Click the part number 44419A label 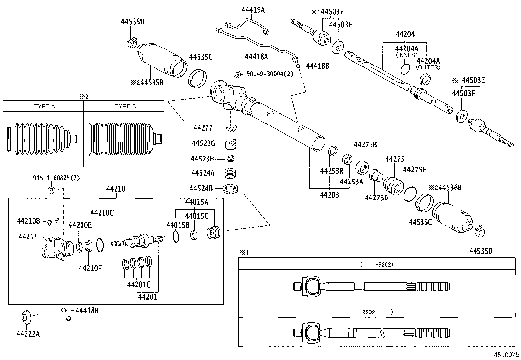(x=253, y=10)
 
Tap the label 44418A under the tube (x=256, y=57)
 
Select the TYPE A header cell (x=44, y=106)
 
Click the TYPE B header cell (x=125, y=106)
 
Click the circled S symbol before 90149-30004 (x=237, y=74)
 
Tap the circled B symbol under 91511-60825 (x=52, y=190)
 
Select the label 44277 (x=203, y=128)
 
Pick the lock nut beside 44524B (x=232, y=189)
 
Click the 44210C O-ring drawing (x=100, y=245)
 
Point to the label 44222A (x=28, y=334)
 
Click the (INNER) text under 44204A (x=406, y=55)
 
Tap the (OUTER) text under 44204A (x=428, y=67)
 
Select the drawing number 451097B (x=507, y=355)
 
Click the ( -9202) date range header (x=376, y=264)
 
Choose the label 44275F (x=415, y=170)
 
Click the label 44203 (x=329, y=195)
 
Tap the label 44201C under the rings (x=139, y=284)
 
